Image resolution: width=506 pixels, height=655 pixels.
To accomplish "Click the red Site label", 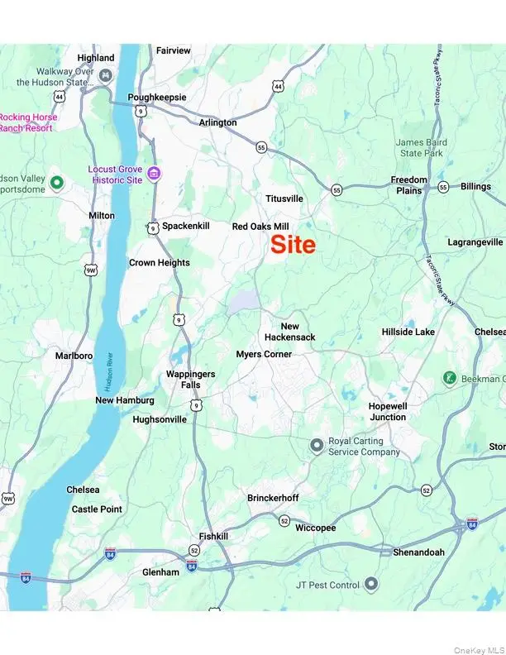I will tap(294, 245).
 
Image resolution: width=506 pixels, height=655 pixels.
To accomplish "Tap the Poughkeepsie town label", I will tap(156, 97).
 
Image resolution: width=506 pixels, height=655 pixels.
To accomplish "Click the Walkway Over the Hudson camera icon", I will tap(106, 76).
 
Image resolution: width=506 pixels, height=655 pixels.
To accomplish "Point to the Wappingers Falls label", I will tap(190, 380).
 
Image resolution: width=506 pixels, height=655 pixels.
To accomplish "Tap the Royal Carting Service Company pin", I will tap(316, 446).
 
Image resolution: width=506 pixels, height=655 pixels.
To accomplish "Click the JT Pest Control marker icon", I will tap(371, 585).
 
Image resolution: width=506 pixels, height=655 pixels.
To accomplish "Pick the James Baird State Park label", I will tap(421, 148).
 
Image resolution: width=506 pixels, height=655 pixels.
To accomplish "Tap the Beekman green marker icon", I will tap(450, 379).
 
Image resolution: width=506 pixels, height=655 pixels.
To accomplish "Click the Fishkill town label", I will tap(212, 536).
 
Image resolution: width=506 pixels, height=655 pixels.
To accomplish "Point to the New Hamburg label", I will tap(125, 400).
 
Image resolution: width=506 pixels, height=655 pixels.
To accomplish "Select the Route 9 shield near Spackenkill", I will tap(153, 228).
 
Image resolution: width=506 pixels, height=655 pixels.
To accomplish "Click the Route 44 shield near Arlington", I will tap(279, 86).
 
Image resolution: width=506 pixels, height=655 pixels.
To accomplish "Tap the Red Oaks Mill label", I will tap(260, 226).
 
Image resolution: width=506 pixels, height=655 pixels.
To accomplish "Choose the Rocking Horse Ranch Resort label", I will tap(26, 122).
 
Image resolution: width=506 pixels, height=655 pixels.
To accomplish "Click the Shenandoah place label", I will tap(418, 552).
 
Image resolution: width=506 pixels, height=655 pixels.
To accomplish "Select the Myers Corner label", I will tap(264, 354).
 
